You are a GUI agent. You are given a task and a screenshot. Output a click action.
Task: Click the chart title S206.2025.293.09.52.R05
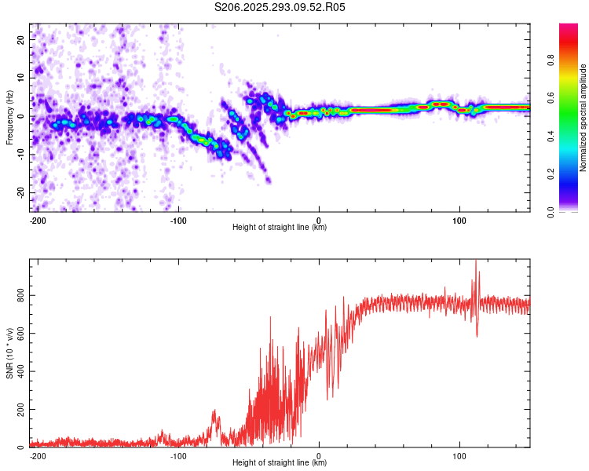coord(280,7)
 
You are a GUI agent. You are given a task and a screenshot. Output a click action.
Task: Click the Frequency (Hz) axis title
coord(9,117)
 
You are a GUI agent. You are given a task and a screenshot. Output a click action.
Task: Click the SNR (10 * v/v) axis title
coord(9,353)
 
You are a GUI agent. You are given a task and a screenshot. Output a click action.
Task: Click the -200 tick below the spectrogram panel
coord(37,219)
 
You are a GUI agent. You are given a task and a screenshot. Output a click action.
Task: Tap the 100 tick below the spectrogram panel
coord(459,219)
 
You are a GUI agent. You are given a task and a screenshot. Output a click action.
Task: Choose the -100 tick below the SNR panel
coord(178,455)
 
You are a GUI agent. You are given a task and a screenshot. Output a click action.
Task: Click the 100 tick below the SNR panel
coord(459,455)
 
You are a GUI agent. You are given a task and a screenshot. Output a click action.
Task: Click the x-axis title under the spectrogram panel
coord(280,227)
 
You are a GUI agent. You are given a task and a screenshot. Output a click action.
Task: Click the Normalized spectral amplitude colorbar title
coord(584,118)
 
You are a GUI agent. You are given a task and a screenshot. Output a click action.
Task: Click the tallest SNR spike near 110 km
coord(475,262)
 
